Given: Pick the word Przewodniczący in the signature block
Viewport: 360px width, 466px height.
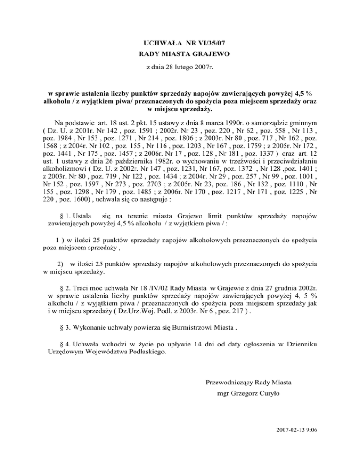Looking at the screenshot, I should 231,383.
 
